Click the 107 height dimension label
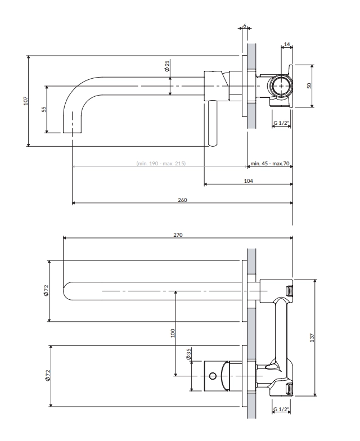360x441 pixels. pos(26,101)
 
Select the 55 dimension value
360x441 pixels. pos(44,109)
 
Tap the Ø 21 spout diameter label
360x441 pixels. pos(167,65)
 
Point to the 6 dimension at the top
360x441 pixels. pos(245,26)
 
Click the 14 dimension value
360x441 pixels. pos(287,44)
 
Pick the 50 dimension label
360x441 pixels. pos(309,85)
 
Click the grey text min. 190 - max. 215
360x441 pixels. pos(161,163)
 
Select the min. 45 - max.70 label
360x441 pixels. pos(270,163)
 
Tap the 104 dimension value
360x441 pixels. pos(249,181)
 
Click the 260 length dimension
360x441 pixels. pos(182,200)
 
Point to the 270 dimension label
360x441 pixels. pos(178,235)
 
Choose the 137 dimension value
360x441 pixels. pos(312,337)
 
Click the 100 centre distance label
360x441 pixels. pos(173,333)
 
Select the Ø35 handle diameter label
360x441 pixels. pos(188,354)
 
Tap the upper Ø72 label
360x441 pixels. pos(46,290)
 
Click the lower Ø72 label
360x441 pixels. pos(48,376)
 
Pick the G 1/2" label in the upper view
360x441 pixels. pos(281,123)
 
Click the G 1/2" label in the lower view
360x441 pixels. pos(281,409)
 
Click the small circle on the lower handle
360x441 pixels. pos(213,376)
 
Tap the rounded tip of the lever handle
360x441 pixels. pos(213,144)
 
